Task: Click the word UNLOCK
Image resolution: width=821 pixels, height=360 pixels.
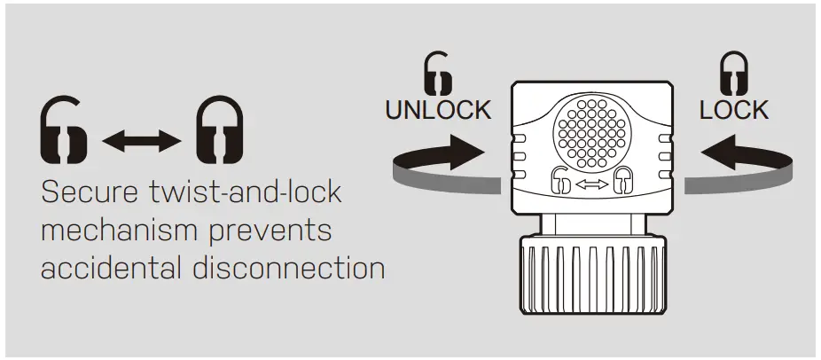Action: (x=437, y=110)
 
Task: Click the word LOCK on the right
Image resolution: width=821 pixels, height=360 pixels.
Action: (x=733, y=110)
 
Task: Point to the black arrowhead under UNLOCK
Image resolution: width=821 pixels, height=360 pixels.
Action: (x=466, y=152)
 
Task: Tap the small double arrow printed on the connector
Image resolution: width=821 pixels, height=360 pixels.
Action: (x=592, y=183)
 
